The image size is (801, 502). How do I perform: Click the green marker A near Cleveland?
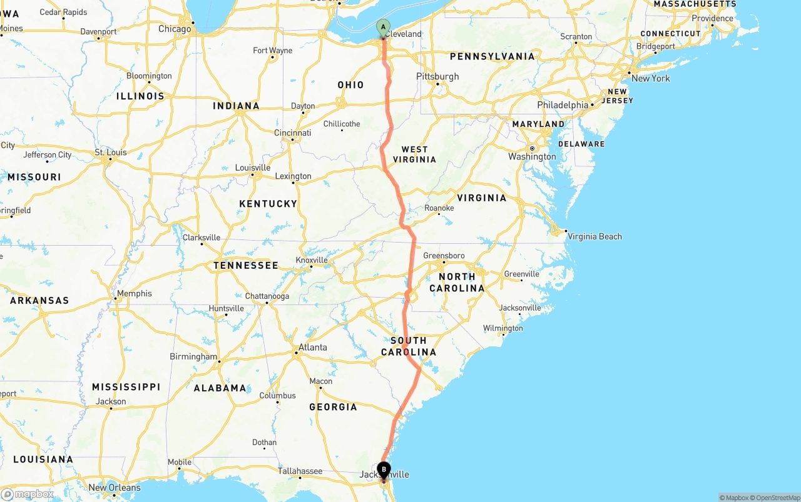[383, 27]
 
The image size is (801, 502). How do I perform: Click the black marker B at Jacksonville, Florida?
[384, 469]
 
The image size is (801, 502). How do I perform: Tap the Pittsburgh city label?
[437, 76]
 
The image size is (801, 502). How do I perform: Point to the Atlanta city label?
[312, 348]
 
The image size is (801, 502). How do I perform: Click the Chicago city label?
[175, 29]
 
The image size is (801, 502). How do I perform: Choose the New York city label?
[650, 78]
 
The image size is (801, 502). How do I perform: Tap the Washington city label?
[532, 156]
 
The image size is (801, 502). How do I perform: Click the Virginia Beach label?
[594, 236]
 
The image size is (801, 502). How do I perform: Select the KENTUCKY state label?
[268, 204]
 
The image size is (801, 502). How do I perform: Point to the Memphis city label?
[135, 293]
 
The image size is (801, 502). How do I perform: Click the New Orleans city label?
[115, 488]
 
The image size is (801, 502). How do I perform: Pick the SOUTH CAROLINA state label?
[409, 346]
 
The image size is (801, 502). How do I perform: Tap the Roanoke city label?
[439, 208]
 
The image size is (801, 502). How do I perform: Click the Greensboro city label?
[444, 256]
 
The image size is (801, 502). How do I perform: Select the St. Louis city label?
[111, 153]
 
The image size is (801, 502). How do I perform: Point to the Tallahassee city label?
[300, 471]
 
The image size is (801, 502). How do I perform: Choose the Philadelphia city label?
[563, 105]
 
